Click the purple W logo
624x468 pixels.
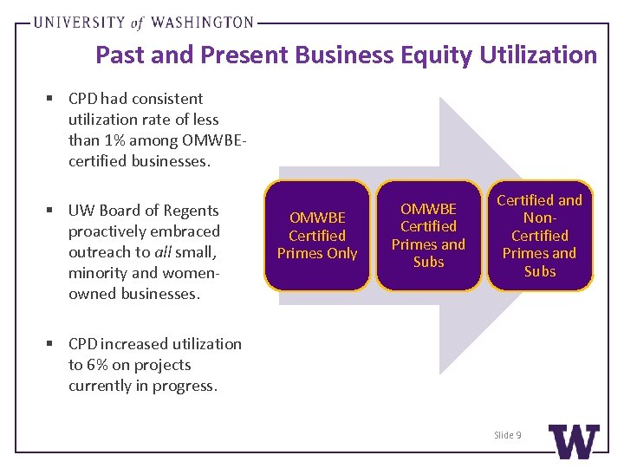574,442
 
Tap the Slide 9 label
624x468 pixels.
507,435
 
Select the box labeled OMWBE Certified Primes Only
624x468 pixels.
317,236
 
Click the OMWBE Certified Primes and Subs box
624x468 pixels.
428,236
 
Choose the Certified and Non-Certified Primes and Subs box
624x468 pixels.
539,236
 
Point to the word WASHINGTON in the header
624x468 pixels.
200,23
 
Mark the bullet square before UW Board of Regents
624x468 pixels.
53,211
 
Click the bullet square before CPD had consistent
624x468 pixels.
53,99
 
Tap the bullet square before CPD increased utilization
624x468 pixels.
53,344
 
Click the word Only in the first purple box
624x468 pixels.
341,253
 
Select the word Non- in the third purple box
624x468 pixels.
539,218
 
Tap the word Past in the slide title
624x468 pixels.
120,55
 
